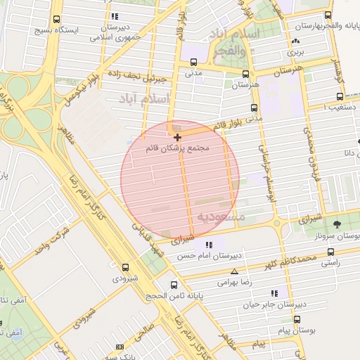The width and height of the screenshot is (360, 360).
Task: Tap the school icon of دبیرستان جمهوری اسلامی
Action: click(115, 15)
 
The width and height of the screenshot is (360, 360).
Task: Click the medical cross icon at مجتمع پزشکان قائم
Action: click(177, 136)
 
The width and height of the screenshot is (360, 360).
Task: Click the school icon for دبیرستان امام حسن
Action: click(208, 244)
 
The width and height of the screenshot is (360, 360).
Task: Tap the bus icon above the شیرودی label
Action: click(126, 267)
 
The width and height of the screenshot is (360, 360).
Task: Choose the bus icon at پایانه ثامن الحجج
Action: click(174, 285)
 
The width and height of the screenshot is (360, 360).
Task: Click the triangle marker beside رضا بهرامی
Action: click(233, 271)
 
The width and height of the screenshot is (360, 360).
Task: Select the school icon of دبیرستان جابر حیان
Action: click(274, 292)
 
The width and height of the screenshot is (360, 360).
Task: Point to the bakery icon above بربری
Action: click(294, 42)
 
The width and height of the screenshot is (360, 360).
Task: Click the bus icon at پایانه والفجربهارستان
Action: click(328, 15)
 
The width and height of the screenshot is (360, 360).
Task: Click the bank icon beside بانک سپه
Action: click(120, 347)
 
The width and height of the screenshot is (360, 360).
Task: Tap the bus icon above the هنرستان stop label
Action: click(245, 73)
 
